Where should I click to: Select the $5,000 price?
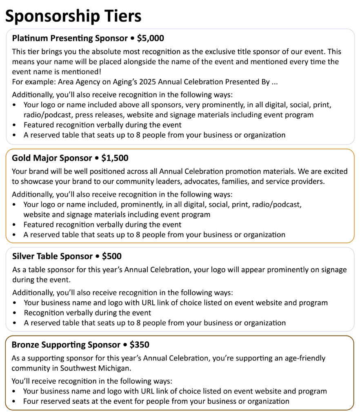pyautogui.click(x=151, y=38)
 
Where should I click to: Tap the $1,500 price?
pyautogui.click(x=115, y=158)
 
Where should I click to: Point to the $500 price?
pyautogui.click(x=111, y=256)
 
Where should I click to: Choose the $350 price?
pyautogui.click(x=139, y=345)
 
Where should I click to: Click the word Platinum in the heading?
pyautogui.click(x=30, y=38)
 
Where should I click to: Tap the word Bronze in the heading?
pyautogui.click(x=26, y=345)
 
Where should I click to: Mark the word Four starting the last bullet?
pyautogui.click(x=31, y=401)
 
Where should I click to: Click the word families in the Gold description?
pyautogui.click(x=234, y=182)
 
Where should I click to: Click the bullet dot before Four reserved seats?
pyautogui.click(x=15, y=402)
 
